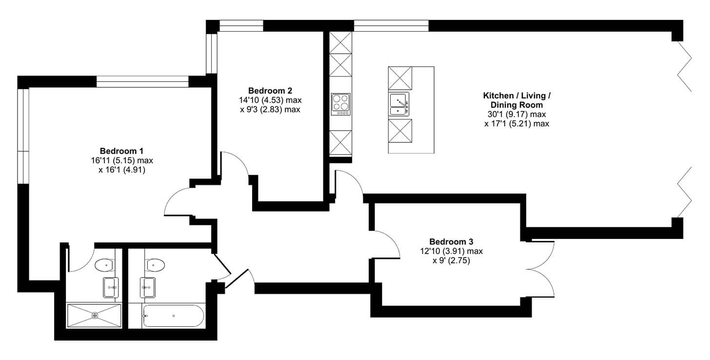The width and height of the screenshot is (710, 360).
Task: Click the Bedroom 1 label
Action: point(121,151)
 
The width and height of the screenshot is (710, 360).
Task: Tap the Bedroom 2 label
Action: point(270,91)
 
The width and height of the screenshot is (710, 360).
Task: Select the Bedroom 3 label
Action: point(451,241)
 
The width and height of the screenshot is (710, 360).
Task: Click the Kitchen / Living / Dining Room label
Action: point(516,100)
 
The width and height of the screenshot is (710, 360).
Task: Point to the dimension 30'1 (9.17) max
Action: point(516,114)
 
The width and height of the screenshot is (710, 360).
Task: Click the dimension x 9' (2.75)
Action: point(451,260)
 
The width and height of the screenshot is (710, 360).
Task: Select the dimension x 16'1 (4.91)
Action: point(121,170)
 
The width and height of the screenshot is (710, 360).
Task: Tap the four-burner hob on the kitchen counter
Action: point(341,104)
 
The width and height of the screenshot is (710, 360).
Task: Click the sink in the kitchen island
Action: point(399,104)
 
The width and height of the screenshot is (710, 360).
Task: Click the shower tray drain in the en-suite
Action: point(95,315)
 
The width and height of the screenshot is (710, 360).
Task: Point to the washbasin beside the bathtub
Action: point(148,287)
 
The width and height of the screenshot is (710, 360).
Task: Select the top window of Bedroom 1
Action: point(142,81)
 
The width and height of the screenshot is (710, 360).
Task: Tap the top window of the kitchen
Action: point(391,25)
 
